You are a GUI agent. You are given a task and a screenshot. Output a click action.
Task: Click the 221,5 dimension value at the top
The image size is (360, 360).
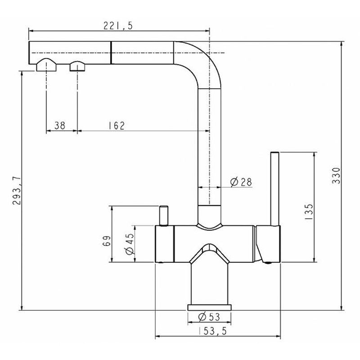[118, 26]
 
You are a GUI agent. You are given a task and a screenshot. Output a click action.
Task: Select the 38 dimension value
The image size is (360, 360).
[60, 126]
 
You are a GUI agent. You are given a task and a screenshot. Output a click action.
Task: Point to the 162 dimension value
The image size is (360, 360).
[117, 126]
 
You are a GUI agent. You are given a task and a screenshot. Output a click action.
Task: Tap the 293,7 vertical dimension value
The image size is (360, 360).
[17, 190]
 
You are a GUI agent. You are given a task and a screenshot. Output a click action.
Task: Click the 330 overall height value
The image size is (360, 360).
[336, 175]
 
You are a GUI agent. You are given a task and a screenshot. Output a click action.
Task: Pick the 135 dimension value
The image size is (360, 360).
[309, 212]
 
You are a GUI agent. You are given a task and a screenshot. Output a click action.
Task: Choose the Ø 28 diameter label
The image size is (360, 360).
[241, 182]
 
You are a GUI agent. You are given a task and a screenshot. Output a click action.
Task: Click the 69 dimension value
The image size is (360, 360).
[107, 241]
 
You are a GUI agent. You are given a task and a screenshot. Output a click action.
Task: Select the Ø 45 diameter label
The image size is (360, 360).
[130, 244]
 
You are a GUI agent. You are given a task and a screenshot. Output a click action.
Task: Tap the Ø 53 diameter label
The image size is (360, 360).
[209, 317]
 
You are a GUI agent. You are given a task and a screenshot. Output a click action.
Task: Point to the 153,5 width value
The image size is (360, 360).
[212, 331]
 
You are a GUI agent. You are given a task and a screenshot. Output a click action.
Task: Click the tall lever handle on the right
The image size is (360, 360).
[275, 189]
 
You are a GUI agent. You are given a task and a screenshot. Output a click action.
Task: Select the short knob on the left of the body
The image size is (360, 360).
[163, 216]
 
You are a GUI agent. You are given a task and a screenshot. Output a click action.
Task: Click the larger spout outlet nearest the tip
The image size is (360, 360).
[46, 65]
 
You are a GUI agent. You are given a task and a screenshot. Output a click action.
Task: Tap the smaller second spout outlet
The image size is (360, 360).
[77, 66]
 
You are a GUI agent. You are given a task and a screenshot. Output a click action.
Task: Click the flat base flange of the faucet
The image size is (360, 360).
[209, 307]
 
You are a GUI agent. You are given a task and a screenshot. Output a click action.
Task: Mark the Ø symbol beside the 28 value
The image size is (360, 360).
[234, 182]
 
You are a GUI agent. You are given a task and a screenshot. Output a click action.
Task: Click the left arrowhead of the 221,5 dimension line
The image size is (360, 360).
[31, 30]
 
